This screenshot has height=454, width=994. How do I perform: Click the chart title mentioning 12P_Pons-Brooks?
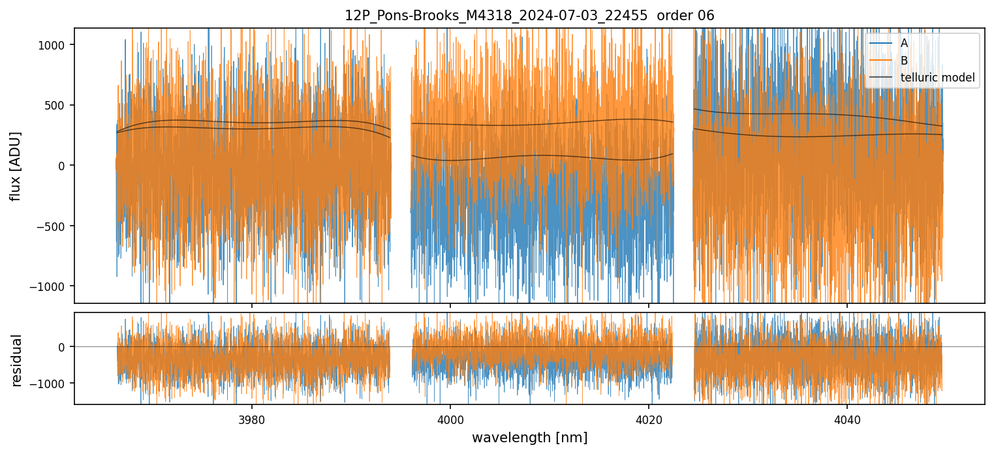pos(529,16)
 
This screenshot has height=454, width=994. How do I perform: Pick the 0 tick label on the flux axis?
pos(63,166)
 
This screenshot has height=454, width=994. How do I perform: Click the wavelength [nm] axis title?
pos(529,437)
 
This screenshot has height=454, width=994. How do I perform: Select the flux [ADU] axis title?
pos(16,166)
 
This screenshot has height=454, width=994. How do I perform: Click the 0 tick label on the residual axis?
pos(63,347)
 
